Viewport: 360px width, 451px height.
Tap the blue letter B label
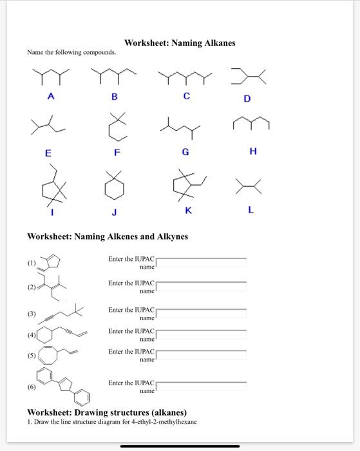coord(115,97)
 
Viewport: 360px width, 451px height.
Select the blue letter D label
coord(247,99)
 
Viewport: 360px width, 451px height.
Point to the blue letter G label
coord(185,152)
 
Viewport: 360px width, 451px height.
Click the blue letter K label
coord(188,210)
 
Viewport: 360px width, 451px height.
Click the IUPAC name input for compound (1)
coord(202,262)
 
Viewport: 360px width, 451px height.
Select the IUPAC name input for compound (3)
coord(202,313)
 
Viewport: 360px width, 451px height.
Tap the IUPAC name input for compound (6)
coord(202,387)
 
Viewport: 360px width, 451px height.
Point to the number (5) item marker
coord(31,355)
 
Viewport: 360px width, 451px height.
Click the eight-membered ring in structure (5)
coord(49,356)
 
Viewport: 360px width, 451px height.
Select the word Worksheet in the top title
coord(147,43)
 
